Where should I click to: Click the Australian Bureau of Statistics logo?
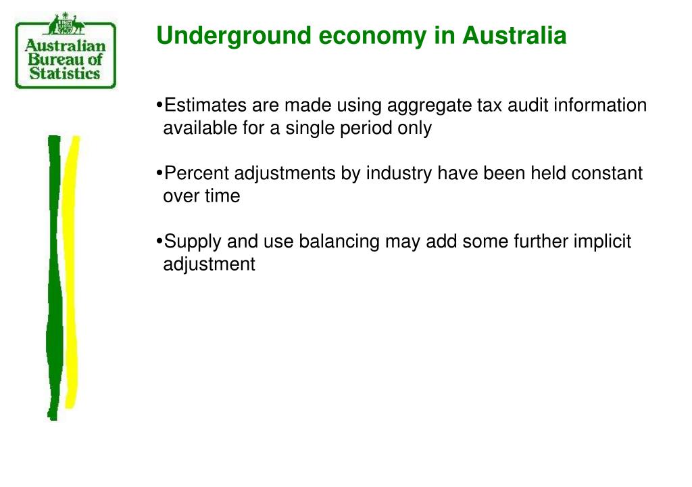tap(66, 54)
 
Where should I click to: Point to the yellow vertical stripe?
tap(71, 271)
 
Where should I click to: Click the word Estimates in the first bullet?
tap(205, 106)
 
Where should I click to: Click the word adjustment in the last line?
tap(209, 264)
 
